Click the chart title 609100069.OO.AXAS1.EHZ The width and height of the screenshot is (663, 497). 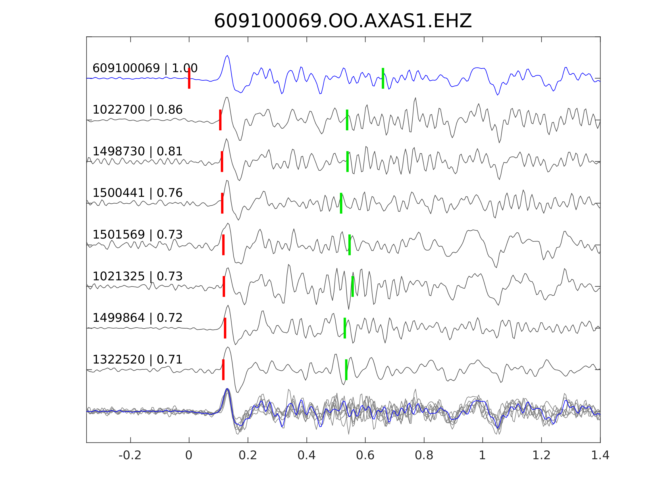pos(343,21)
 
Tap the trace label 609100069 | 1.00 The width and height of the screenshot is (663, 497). pos(145,68)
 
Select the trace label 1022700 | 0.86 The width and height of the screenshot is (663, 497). pos(137,110)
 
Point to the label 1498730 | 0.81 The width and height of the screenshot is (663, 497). pos(137,152)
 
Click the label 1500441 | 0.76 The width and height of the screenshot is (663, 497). pos(137,193)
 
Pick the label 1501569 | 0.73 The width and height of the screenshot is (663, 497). pos(137,235)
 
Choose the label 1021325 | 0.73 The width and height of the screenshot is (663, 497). pos(137,276)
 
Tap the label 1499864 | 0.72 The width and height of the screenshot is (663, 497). pos(137,318)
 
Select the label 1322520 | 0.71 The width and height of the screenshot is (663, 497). pos(137,359)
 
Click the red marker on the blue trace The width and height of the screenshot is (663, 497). pos(189,78)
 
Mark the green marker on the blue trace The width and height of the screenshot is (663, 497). pos(383,78)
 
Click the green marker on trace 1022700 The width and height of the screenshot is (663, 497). pos(347,120)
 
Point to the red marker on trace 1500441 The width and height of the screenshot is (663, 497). pos(222,203)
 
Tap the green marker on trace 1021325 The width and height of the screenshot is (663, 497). pos(352,286)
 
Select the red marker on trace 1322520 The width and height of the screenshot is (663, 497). pos(223,370)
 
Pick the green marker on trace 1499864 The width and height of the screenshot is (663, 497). pos(345,328)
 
